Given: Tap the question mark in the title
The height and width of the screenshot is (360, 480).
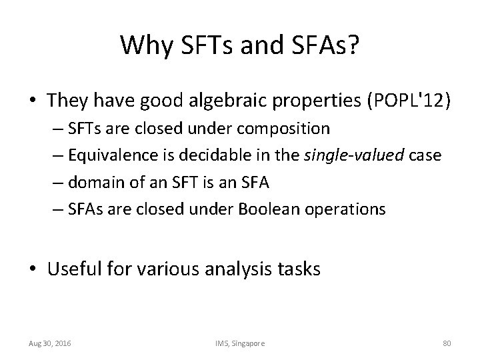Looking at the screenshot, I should (354, 45).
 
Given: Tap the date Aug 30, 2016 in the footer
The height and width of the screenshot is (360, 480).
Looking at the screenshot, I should (50, 343).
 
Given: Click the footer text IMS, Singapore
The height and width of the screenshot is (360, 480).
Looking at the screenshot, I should (239, 343).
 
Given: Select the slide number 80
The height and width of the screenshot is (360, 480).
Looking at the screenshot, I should (447, 343).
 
